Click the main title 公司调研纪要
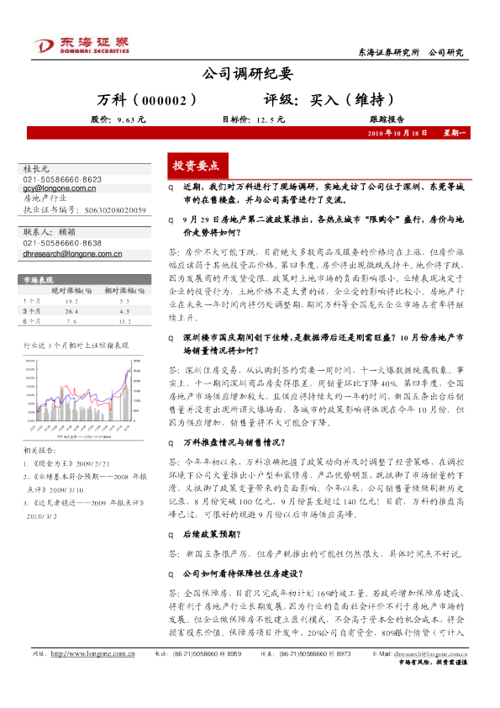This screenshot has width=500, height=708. click(250, 75)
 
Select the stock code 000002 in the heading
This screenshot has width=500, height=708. click(176, 99)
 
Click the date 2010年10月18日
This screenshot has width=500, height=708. click(399, 134)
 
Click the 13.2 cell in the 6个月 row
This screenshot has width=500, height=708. click(124, 320)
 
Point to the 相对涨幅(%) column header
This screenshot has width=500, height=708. click(123, 289)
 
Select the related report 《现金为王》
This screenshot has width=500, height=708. click(59, 462)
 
